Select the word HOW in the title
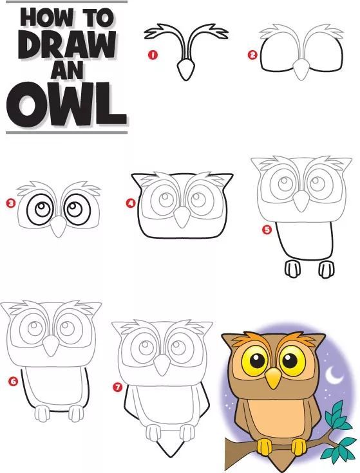46,17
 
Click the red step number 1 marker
153,55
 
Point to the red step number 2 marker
252,55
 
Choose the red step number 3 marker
11,203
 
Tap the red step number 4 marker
130,203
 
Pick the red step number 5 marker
267,230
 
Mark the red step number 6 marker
14,382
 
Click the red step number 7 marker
117,387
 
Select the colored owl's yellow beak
274,378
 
